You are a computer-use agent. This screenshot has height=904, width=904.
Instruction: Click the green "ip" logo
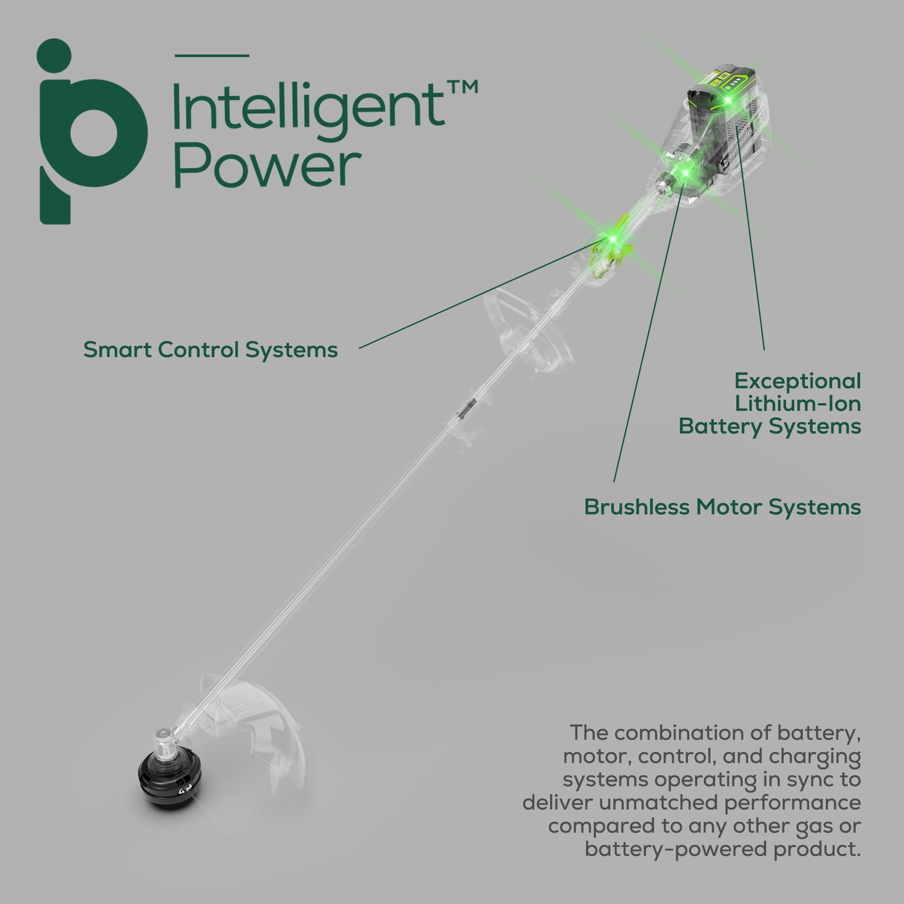(x=92, y=132)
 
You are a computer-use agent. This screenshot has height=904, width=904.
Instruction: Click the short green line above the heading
(x=212, y=56)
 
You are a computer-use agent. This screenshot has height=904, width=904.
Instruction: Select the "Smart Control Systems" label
(x=211, y=350)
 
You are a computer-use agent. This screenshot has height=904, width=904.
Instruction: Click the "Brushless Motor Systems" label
(x=722, y=507)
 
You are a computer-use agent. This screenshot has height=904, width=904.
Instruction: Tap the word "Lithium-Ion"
(x=798, y=404)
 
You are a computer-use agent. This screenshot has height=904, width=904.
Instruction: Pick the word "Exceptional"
(x=798, y=382)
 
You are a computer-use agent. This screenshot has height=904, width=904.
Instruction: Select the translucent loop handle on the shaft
(x=529, y=328)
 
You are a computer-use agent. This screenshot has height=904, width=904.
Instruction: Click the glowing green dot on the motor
(x=686, y=173)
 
